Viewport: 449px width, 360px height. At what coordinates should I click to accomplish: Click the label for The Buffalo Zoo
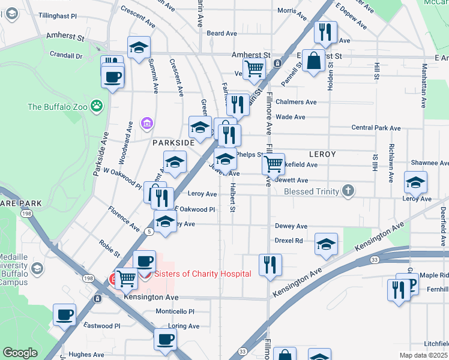pos(57,107)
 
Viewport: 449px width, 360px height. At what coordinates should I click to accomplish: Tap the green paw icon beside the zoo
pos(97,106)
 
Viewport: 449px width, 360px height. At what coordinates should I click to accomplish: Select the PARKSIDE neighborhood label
pos(173,143)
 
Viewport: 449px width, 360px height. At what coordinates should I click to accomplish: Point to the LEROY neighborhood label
pos(322,154)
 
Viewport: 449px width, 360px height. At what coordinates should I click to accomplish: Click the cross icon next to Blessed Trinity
pos(347,191)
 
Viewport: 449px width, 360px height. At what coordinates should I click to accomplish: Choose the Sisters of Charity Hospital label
pos(202,274)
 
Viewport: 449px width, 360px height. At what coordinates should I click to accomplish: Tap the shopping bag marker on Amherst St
pos(313,61)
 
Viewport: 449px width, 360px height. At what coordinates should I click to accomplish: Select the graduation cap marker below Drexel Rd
pos(326,244)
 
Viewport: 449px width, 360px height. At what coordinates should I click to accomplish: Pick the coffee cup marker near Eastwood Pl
pos(65,314)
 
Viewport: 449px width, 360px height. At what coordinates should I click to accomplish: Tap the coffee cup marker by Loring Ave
pos(165,338)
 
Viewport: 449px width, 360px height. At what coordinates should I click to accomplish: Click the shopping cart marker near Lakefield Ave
pos(274,163)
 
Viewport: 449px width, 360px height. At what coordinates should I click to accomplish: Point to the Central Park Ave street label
pos(376,128)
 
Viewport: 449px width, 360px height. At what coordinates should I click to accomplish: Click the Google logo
pos(20,353)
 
